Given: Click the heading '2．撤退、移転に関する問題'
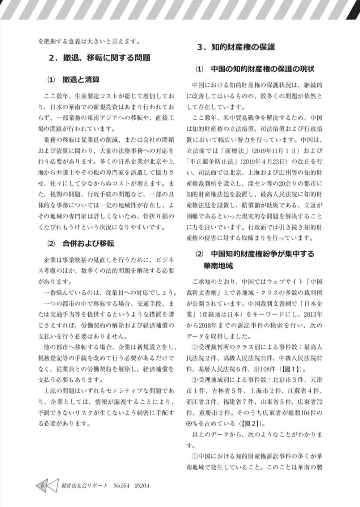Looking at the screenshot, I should (99, 58).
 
